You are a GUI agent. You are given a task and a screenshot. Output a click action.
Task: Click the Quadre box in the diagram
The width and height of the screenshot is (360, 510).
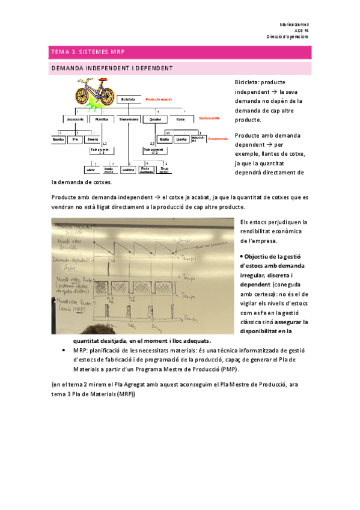click(x=155, y=119)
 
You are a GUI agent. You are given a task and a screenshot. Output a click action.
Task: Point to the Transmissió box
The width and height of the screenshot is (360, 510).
click(x=129, y=119)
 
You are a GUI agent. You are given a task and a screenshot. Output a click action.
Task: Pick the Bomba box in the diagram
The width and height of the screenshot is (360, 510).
click(x=59, y=139)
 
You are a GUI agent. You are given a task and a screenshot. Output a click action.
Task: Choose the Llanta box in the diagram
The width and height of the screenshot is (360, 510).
click(x=181, y=139)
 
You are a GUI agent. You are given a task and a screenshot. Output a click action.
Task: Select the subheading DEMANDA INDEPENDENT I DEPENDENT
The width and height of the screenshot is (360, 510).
click(x=112, y=69)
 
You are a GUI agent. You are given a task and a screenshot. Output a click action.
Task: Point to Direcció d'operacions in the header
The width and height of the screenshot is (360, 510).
click(x=288, y=37)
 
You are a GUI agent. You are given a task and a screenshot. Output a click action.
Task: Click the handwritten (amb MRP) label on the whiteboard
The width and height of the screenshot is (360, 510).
click(x=67, y=310)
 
